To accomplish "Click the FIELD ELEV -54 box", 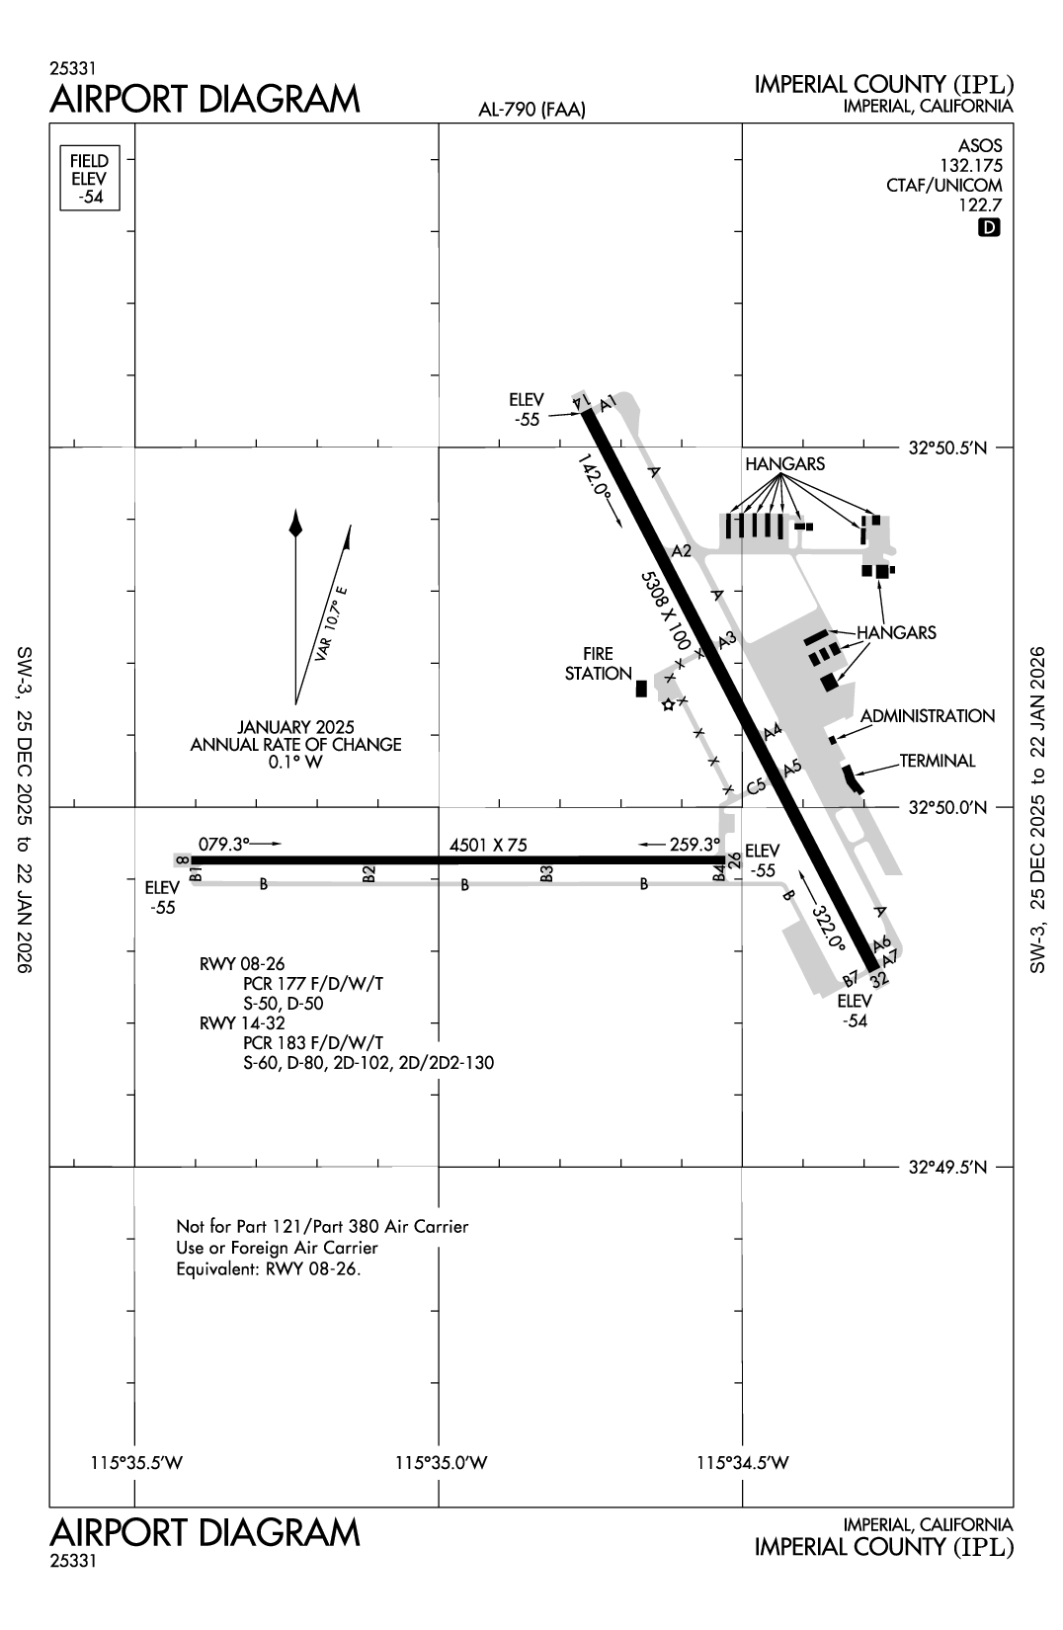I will click(89, 178).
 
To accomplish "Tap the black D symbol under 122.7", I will click(989, 228).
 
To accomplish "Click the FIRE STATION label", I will click(599, 664).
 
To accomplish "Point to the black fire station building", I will click(641, 688).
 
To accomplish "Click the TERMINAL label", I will click(937, 761).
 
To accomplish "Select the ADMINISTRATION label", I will click(927, 716).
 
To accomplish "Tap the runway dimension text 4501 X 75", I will click(488, 845).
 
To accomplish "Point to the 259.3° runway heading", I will click(695, 845).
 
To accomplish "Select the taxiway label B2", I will click(368, 874).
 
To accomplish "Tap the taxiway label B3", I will click(546, 874).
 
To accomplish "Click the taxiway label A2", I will click(681, 551).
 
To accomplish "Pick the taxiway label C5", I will click(757, 786).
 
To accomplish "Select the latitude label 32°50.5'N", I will click(947, 448).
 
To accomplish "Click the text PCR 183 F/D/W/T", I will click(312, 1043).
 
